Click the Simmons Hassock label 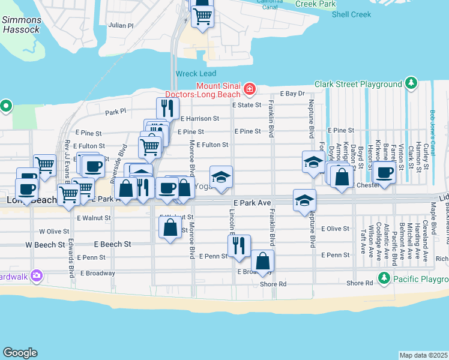(21, 25)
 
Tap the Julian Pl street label (121, 26)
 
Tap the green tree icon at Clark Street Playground (411, 83)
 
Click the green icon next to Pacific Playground (384, 278)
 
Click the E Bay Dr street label (294, 94)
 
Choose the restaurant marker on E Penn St (239, 245)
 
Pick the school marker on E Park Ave (305, 200)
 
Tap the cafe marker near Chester (384, 173)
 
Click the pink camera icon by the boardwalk (37, 275)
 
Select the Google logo (20, 353)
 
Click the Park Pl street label (116, 112)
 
